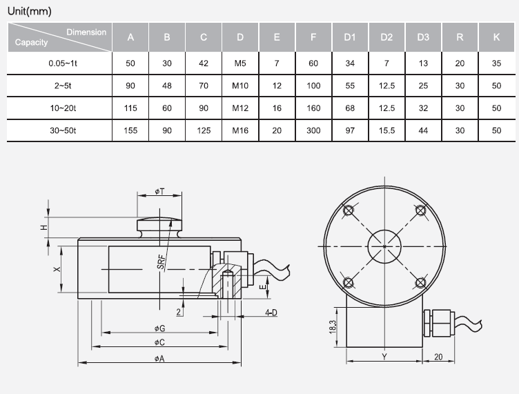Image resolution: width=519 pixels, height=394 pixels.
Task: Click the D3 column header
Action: [x=423, y=37]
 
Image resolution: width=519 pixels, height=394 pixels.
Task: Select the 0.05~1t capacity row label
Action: [x=63, y=63]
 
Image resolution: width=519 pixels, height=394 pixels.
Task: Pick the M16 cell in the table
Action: [x=240, y=130]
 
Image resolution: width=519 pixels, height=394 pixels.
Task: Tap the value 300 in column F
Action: [x=313, y=130]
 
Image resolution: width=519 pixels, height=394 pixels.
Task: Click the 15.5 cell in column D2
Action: [x=386, y=130]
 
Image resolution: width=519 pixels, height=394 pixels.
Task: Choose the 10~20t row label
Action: [x=63, y=108]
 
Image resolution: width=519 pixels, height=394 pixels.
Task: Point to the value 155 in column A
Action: [x=130, y=130]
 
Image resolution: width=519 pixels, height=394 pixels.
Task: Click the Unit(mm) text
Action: [x=30, y=11]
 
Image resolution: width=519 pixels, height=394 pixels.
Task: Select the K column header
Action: [x=496, y=37]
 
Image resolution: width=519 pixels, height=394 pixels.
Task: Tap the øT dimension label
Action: [x=159, y=192]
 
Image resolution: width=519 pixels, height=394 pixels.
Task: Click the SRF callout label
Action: [x=161, y=262]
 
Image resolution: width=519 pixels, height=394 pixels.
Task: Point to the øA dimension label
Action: [x=159, y=359]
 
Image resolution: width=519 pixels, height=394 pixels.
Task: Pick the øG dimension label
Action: [x=159, y=328]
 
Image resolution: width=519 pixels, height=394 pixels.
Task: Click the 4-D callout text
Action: [x=271, y=313]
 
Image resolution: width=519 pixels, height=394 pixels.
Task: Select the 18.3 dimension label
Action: [x=333, y=327]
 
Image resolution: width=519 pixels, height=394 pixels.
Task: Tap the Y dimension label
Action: [x=384, y=357]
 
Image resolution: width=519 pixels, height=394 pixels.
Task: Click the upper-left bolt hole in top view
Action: [x=349, y=210]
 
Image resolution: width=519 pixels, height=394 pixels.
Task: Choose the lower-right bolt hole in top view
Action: [x=420, y=283]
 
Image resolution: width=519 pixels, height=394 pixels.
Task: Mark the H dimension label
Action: [x=44, y=228]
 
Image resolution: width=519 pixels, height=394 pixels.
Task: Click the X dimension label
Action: [x=57, y=269]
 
